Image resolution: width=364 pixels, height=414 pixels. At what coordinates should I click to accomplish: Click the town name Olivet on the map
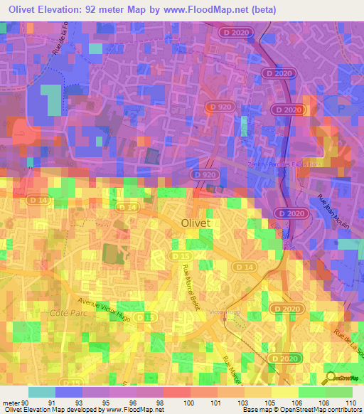[195, 223]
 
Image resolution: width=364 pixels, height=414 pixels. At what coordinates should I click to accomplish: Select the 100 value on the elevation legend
[189, 403]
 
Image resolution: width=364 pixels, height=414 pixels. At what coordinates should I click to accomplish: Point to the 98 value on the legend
[164, 403]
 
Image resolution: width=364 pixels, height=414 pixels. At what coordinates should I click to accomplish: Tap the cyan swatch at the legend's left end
[41, 392]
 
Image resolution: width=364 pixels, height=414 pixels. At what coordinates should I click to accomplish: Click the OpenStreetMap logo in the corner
[343, 378]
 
